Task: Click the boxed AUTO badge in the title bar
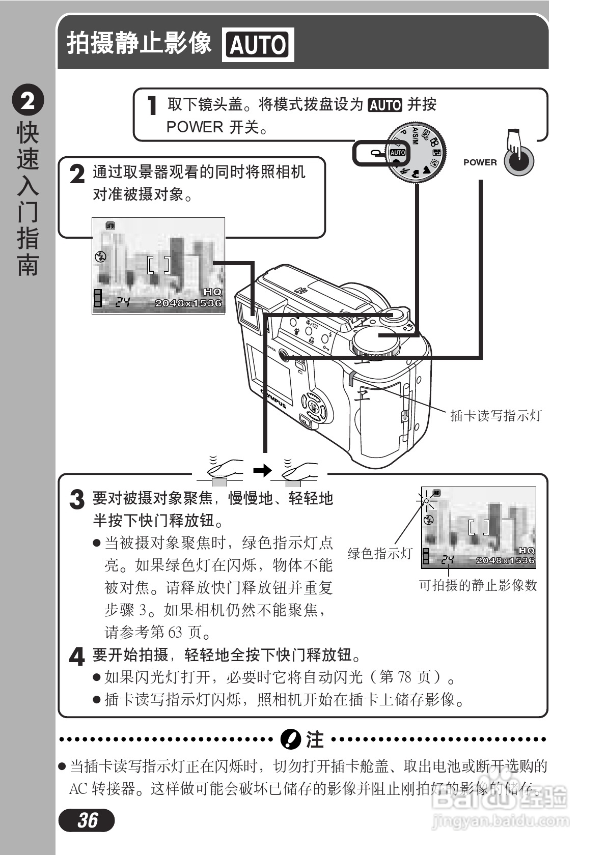point(258,45)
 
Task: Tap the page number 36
point(87,820)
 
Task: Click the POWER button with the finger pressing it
point(519,161)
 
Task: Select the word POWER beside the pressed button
point(480,162)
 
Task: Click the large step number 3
point(77,499)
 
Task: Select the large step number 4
point(77,657)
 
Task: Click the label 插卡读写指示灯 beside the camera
point(495,416)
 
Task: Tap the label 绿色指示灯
point(379,554)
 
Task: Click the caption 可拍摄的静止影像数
point(478,585)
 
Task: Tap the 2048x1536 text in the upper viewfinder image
point(188,303)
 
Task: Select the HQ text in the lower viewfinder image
point(527,550)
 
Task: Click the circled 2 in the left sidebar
point(28,100)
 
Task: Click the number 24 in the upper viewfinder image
point(122,302)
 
